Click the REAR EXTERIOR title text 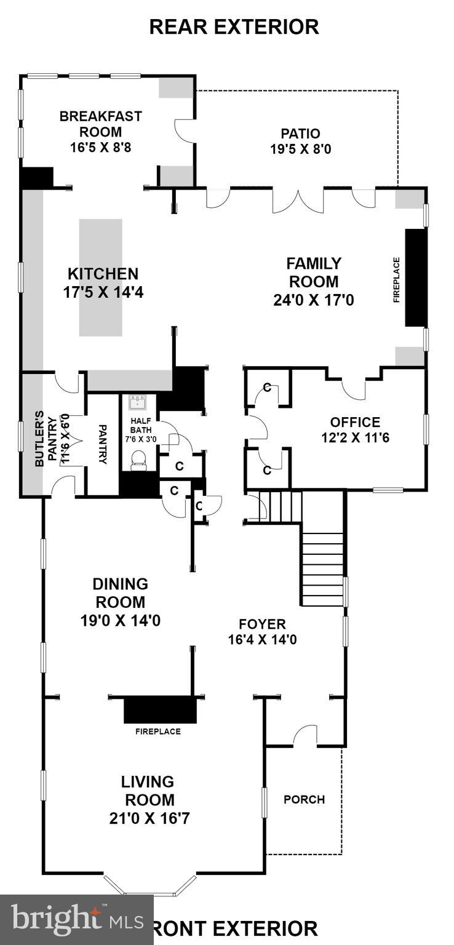pos(234,27)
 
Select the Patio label pos(300,133)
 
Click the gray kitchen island pos(100,277)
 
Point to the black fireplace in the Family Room pos(415,277)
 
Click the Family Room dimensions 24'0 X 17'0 pos(313,300)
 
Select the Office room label pos(355,422)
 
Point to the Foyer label pos(262,624)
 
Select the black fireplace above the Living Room pos(160,710)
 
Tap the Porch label pos(304,799)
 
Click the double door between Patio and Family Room pos(298,201)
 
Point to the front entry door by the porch pos(305,737)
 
